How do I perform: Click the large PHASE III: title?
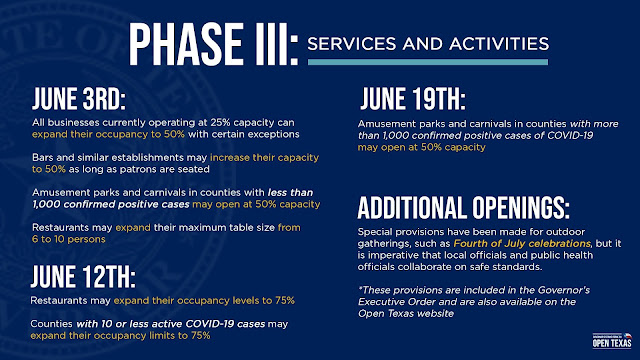pyautogui.click(x=213, y=44)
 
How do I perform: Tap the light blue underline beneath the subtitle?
pyautogui.click(x=428, y=62)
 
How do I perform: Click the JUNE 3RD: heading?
pyautogui.click(x=79, y=99)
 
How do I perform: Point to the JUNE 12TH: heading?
pyautogui.click(x=83, y=277)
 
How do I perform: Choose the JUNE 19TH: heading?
pyautogui.click(x=413, y=99)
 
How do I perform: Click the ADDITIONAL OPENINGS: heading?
pyautogui.click(x=463, y=208)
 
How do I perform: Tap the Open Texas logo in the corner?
pyautogui.click(x=612, y=340)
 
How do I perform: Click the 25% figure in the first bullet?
pyautogui.click(x=220, y=122)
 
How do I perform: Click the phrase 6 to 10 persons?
pyautogui.click(x=69, y=239)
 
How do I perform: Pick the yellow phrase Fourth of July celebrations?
pyautogui.click(x=522, y=244)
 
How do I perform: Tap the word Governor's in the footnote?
pyautogui.click(x=564, y=290)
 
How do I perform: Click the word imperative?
pyautogui.click(x=391, y=256)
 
